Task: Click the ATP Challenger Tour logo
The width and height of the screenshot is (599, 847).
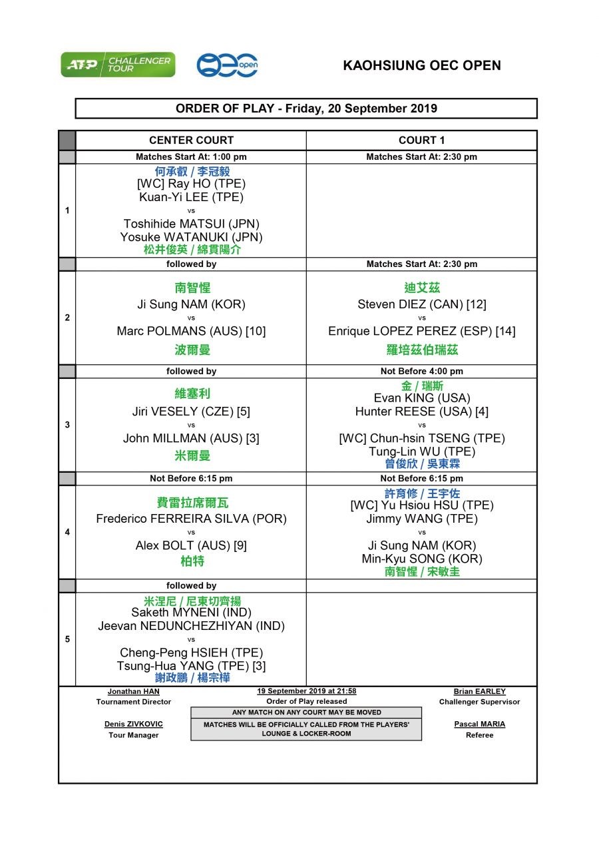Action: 118,65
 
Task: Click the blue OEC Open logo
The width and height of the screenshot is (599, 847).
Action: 227,65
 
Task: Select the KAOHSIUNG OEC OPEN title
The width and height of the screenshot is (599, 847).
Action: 422,65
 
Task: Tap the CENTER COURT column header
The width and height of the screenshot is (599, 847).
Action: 191,141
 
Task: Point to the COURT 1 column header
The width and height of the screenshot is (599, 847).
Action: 421,141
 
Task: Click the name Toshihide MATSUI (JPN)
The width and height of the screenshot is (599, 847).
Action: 191,224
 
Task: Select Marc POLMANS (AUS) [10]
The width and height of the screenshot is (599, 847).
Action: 191,331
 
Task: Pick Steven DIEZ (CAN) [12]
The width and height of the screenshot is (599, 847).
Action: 421,304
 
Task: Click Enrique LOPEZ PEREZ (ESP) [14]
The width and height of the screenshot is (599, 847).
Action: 421,331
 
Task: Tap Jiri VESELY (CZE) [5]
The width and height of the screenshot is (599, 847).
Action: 191,412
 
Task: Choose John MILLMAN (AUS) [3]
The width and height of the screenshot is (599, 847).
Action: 191,438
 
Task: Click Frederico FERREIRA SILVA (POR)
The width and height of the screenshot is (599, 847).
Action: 191,519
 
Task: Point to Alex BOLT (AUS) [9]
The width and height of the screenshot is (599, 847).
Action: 191,545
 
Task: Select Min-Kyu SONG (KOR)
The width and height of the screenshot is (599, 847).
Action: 421,559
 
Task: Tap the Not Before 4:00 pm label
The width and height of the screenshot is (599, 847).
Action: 421,371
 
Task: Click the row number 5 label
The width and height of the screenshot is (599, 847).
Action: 67,639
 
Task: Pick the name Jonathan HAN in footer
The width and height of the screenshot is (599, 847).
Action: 133,691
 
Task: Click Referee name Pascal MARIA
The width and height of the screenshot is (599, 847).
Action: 479,724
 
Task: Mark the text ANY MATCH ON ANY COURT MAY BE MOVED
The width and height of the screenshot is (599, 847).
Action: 306,712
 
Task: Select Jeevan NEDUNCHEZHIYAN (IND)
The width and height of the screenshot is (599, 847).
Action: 191,626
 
